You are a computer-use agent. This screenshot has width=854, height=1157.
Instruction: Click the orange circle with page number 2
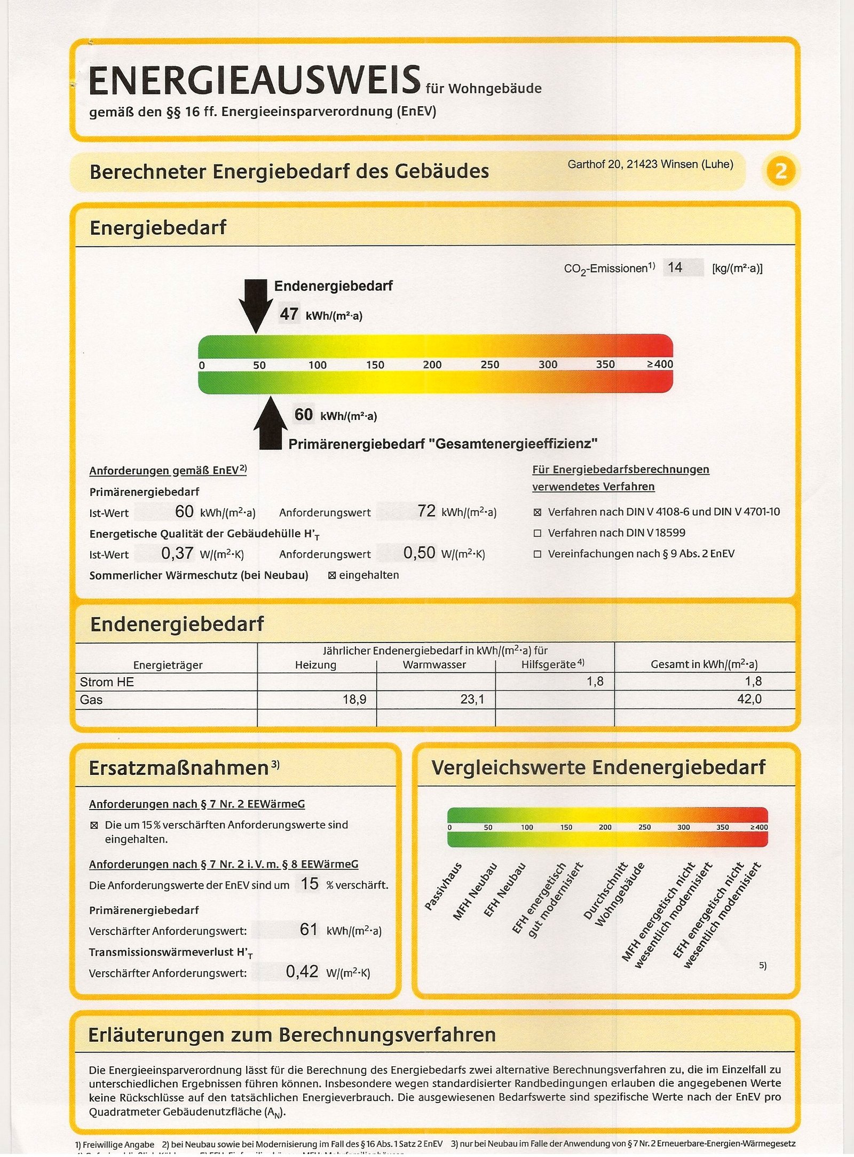[x=780, y=171]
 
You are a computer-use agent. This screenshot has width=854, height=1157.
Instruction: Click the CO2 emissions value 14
[x=675, y=267]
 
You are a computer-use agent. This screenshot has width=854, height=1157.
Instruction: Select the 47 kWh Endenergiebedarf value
[x=289, y=314]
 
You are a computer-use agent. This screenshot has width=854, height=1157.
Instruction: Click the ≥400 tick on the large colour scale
[x=660, y=364]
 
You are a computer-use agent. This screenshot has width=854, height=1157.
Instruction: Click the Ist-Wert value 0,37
[x=177, y=553]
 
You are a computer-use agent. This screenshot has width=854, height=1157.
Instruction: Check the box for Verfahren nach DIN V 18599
[x=537, y=533]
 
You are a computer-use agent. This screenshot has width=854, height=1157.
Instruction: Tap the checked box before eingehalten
[x=331, y=575]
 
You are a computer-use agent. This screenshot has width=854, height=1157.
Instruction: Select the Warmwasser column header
[x=434, y=665]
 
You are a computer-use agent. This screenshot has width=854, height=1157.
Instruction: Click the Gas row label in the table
[x=91, y=700]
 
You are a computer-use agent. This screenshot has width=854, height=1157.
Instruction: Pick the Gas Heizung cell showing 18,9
[x=354, y=700]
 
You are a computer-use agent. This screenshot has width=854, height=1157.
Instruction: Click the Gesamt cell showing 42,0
[x=749, y=699]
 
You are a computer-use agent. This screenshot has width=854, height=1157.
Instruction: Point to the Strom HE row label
[x=107, y=682]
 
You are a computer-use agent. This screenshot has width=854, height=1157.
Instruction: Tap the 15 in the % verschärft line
[x=310, y=884]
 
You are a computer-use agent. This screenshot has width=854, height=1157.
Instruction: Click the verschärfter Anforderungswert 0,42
[x=302, y=972]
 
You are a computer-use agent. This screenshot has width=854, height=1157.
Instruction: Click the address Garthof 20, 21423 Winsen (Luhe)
[x=650, y=164]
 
